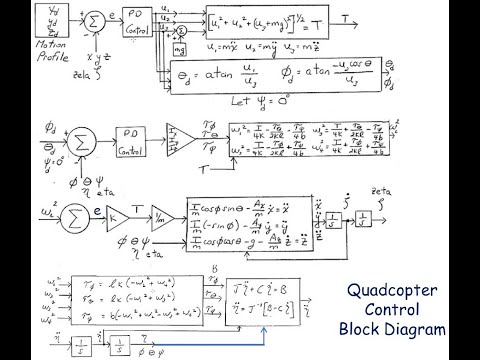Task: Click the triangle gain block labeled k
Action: pos(116,214)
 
